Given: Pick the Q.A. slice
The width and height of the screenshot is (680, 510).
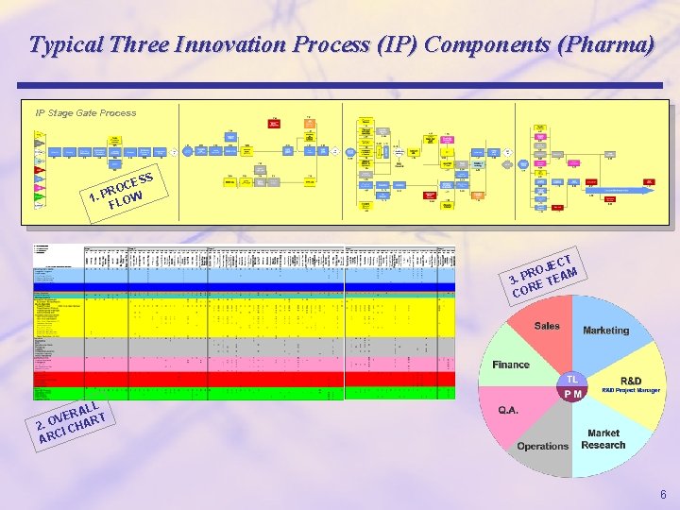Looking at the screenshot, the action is coord(516,410).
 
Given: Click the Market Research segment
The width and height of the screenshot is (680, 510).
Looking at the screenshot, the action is coord(603,439).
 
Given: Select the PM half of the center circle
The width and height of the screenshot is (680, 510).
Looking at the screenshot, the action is coord(572,394).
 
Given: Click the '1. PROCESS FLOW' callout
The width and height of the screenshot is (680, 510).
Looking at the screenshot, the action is coord(120,188).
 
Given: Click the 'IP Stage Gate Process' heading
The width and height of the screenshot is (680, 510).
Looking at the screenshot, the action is coord(86,113).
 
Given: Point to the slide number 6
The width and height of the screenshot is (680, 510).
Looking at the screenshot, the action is coord(663,495).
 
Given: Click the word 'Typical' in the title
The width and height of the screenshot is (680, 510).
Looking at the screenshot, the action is coord(65,44).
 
